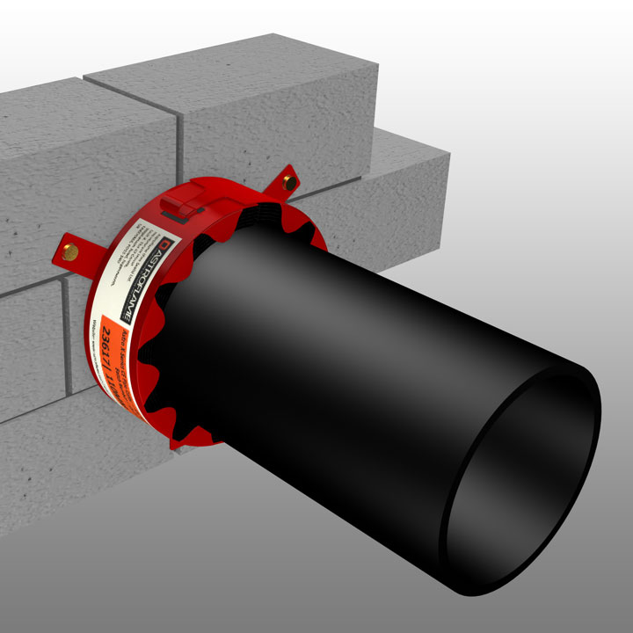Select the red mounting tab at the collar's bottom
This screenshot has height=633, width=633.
(x=180, y=446)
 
